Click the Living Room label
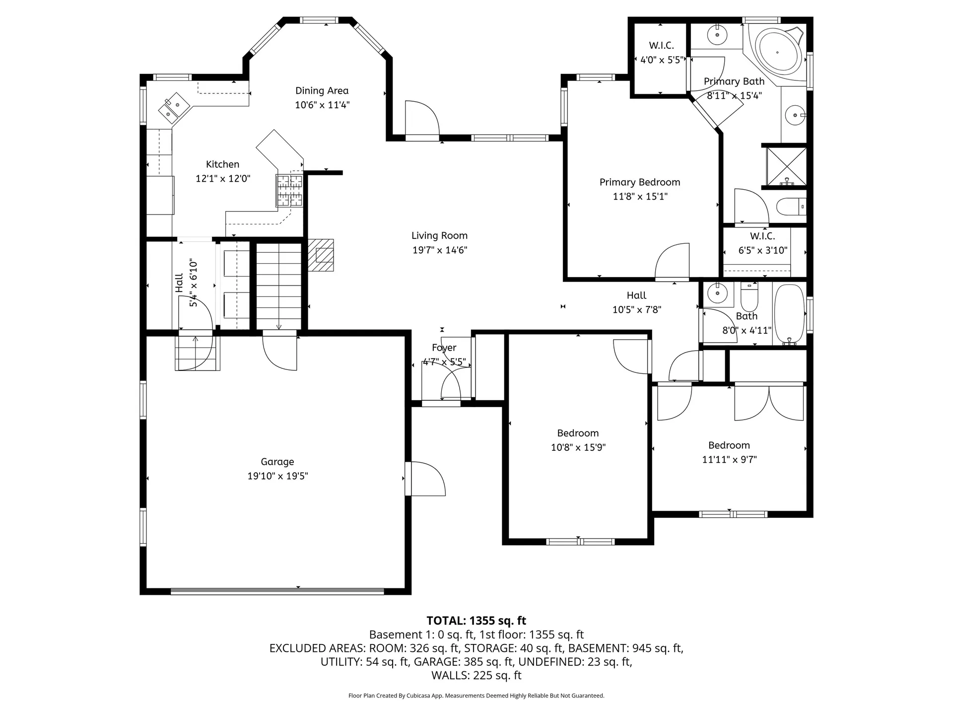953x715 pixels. pos(439,236)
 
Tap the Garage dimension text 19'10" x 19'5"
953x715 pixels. pos(277,476)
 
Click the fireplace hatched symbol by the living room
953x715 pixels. pos(321,255)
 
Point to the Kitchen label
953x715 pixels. pos(222,164)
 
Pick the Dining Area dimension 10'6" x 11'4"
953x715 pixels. pos(322,105)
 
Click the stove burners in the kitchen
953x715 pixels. pos(289,191)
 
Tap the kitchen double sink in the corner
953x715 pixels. pos(174,107)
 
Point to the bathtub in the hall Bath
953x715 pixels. pos(789,314)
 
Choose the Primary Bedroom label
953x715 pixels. pos(640,182)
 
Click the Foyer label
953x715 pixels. pos(444,348)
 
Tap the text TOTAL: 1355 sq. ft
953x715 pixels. pos(476,621)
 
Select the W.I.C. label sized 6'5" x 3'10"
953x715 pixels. pos(762,236)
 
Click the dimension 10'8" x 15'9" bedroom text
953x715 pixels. pos(578,447)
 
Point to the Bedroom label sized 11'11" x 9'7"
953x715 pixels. pos(729,445)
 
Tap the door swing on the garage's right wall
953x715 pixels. pos(425,479)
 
